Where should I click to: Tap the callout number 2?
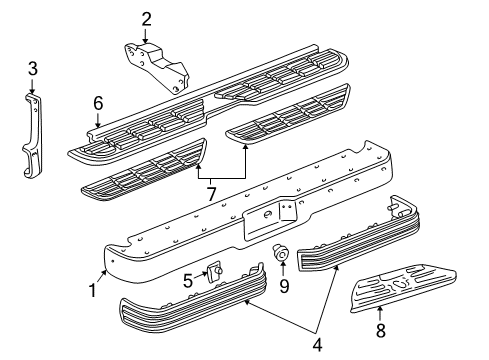point(146,17)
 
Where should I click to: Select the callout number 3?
point(33,69)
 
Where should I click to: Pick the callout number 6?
point(98,102)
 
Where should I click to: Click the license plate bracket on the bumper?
point(287,211)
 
